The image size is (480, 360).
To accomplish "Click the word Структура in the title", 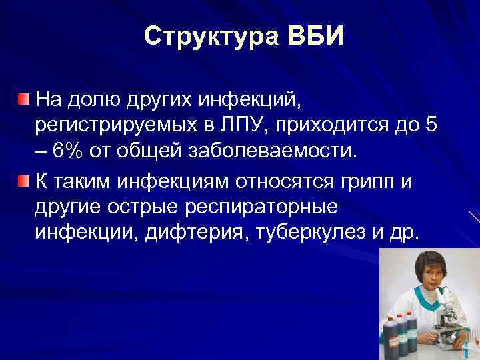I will click(201, 36).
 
